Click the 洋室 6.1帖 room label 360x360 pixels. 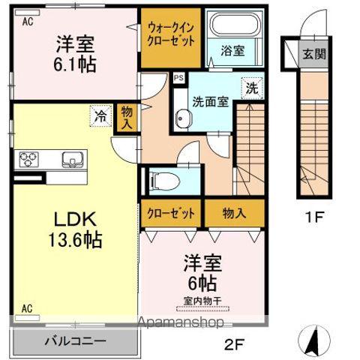click(x=73, y=54)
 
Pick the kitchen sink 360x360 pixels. click(x=73, y=158)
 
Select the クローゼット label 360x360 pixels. click(x=171, y=214)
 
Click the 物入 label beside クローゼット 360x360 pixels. click(x=234, y=214)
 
